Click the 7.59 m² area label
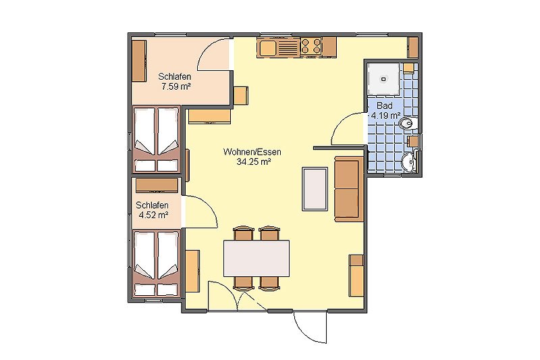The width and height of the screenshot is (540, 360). tap(175, 86)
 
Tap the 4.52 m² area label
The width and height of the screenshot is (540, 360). tap(152, 215)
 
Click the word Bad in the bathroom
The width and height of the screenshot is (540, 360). tap(384, 106)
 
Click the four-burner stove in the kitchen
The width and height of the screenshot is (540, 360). tap(310, 46)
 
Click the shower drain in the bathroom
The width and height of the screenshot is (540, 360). tap(384, 77)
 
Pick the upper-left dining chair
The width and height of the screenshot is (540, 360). tap(243, 234)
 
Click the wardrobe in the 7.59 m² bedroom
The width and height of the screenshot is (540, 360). tap(139, 60)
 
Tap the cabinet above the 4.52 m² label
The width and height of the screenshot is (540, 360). tap(156, 185)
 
